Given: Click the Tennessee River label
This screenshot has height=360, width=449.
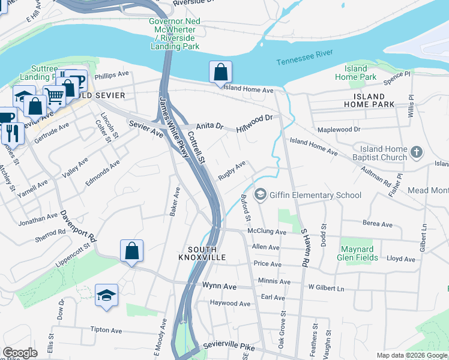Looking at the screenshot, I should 304,57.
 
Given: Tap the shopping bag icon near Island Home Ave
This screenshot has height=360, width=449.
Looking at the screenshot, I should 220,71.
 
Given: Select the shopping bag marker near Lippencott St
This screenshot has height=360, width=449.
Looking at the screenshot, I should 131,251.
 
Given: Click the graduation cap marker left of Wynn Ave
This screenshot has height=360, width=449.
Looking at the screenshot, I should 106,295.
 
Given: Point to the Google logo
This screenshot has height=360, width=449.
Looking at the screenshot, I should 20,353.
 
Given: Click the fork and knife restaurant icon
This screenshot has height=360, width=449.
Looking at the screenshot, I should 11,133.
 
